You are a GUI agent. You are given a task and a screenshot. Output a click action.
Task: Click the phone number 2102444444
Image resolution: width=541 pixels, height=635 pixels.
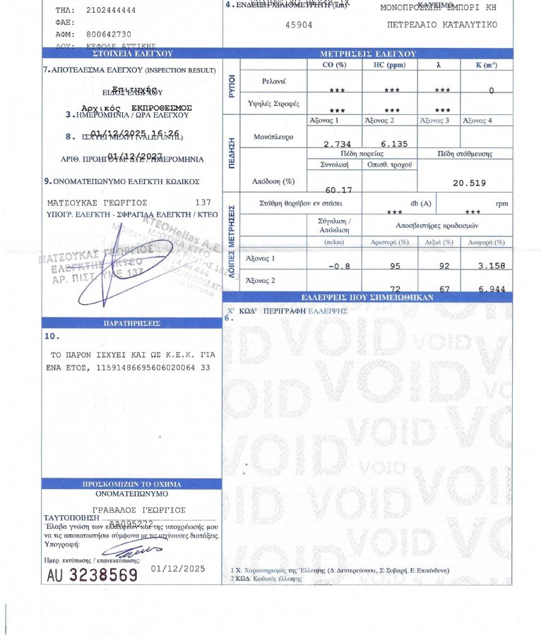pos(112,11)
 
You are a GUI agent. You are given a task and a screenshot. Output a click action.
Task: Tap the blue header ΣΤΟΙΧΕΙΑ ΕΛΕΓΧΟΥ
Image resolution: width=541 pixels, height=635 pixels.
pos(132,53)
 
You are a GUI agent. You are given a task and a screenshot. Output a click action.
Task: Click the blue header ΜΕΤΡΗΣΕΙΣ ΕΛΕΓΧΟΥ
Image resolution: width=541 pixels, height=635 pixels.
pos(368,54)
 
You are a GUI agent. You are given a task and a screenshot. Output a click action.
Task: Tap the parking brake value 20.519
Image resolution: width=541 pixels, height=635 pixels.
pos(469,183)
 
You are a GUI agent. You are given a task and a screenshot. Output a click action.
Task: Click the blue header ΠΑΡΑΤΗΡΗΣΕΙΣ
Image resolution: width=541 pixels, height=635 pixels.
pos(132,323)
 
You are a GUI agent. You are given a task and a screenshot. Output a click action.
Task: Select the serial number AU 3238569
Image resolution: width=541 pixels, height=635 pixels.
pos(92,575)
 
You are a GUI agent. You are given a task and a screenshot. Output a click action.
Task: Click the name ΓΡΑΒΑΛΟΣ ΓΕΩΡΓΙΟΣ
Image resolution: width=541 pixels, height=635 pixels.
pos(140,509)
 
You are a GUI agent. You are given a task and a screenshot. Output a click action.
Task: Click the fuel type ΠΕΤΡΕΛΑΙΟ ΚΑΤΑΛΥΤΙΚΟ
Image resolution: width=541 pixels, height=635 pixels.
pos(441,24)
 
